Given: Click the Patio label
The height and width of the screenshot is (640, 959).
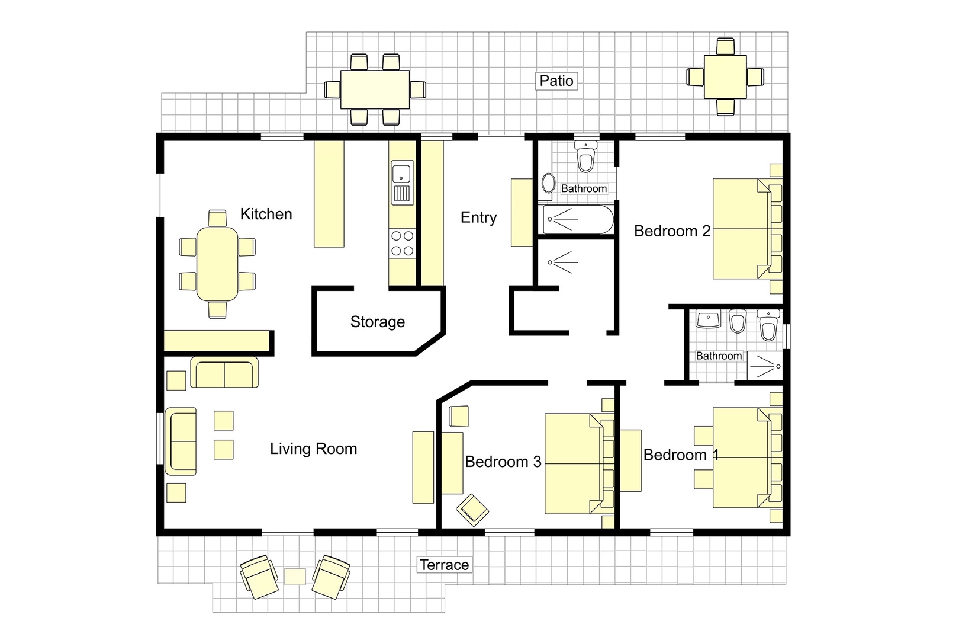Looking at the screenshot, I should coord(556,81).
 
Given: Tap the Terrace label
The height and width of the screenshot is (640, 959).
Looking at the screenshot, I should coord(444,565).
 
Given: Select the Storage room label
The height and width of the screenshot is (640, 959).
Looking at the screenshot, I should coord(377,322).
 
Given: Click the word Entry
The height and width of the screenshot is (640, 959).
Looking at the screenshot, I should coord(478,217).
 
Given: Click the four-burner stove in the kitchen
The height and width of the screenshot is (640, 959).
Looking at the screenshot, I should coord(402,244).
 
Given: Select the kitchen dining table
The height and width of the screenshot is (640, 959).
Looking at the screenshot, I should coord(217,263).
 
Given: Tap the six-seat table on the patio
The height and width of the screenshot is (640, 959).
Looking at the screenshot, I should coord(375,89).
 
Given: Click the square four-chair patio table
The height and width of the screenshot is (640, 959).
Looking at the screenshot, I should coord(725,76).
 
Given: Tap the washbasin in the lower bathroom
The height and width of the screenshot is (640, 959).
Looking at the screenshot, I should coord(708,321).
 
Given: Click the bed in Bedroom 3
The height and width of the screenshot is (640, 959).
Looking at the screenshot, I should coord(573,463).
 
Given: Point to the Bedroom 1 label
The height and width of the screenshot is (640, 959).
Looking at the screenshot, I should coord(680,455).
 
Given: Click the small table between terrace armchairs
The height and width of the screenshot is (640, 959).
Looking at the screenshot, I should coord(295,576).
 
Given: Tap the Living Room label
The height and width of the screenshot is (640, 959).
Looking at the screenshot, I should coord(313,449).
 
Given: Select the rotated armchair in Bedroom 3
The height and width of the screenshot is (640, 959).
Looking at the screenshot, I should coord(472,509).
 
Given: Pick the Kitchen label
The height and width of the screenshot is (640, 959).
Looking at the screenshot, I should coord(266,214).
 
